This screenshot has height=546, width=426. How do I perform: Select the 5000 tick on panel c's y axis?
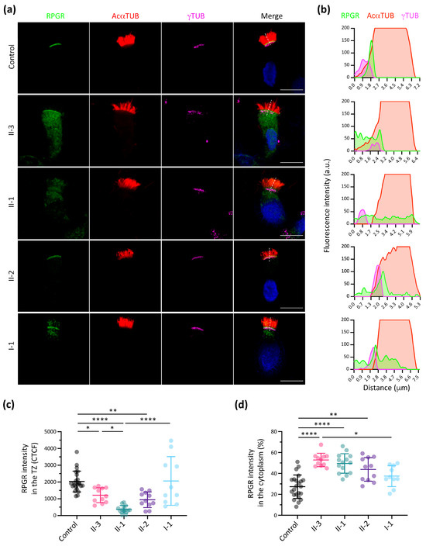tap(50, 432)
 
